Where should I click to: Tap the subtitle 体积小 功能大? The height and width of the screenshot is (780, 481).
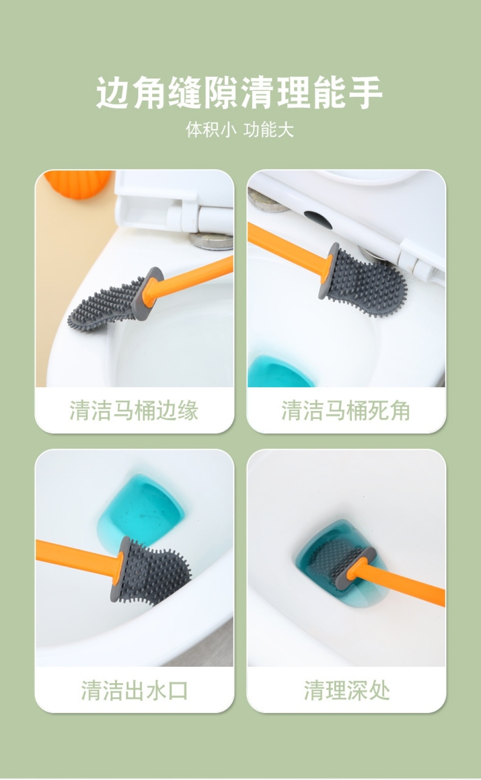click(240, 130)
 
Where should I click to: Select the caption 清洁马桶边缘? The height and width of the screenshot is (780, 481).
click(134, 410)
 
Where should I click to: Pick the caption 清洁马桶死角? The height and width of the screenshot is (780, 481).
click(346, 410)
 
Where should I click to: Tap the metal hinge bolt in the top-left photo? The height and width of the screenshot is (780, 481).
click(210, 241)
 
